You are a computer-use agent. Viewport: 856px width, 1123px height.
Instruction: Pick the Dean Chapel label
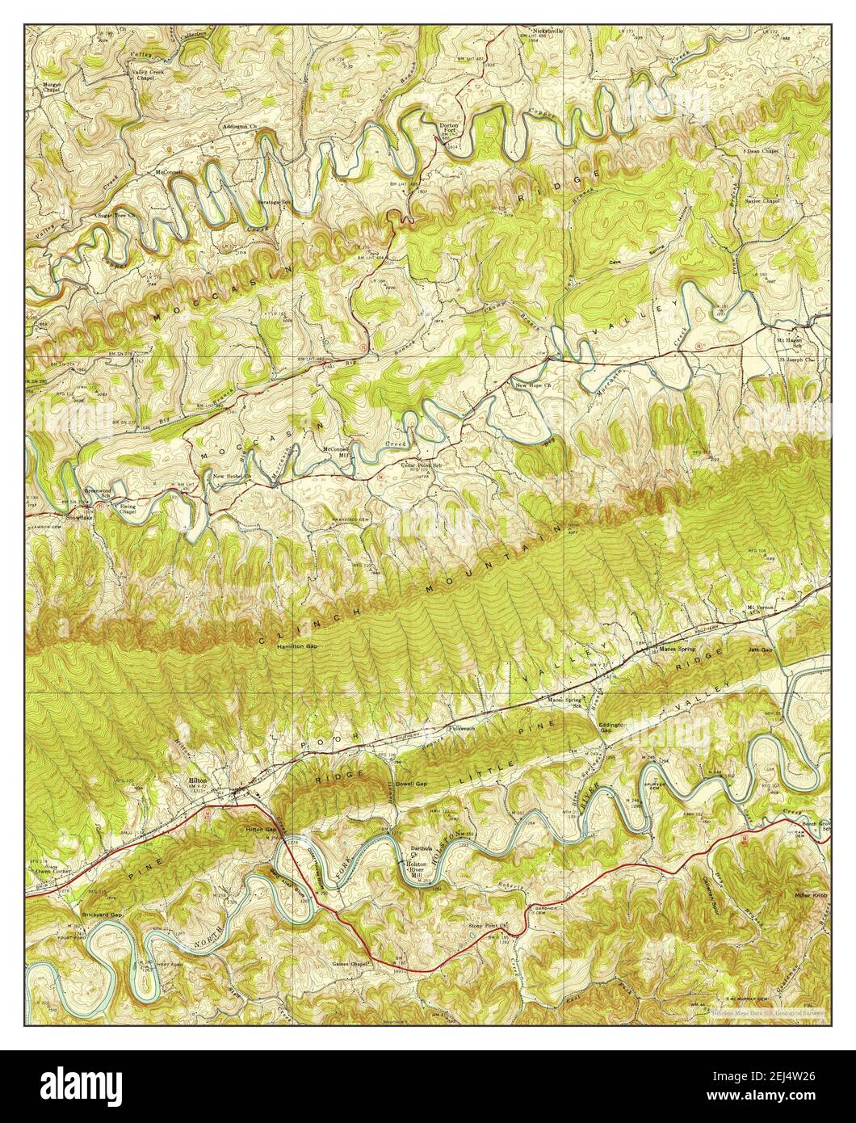(762, 151)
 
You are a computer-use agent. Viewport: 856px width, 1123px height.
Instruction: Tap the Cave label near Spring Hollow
(616, 263)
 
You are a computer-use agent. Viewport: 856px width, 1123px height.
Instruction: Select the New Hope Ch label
(533, 385)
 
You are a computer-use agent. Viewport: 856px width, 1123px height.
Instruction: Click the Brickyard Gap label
(102, 915)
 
